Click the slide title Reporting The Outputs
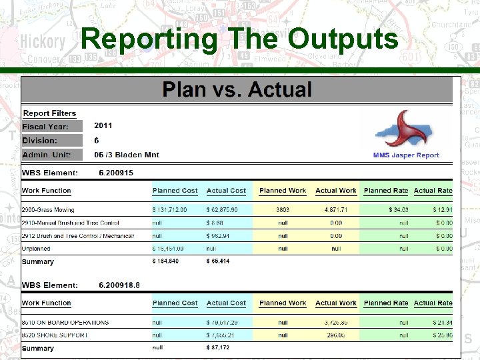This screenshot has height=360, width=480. pos(239,40)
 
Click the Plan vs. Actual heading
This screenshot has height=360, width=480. pos(237,89)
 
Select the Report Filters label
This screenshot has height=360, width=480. pos(49,113)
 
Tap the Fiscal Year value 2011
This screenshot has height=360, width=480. pos(103,125)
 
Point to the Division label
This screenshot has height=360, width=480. pos(39,141)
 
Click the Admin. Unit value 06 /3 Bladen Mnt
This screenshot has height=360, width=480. pos(127,155)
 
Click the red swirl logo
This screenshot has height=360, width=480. pos(405,130)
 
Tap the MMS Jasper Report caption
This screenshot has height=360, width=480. pos(406,155)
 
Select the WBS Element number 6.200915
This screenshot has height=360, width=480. pos(116,173)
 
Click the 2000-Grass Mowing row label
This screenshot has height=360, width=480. pos(48,209)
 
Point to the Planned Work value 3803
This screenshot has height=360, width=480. pos(283,209)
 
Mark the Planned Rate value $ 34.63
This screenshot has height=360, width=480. pos(398,209)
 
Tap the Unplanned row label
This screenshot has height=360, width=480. pos(37,248)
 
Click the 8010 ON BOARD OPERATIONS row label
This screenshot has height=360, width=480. pos(65,322)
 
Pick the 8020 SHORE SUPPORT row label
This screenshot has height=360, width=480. pos(55,335)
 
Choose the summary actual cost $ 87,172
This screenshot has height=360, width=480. pos(218,348)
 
